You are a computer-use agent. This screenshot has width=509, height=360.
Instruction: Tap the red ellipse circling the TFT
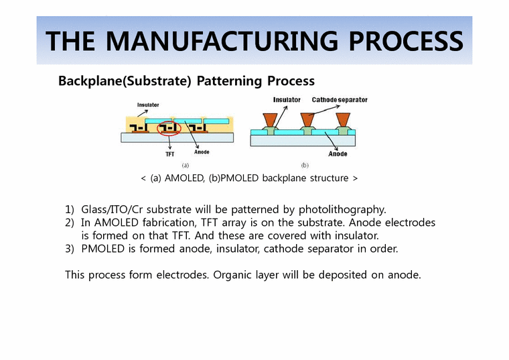(x=170, y=127)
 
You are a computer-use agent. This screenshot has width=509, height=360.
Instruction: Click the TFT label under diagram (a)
(x=171, y=154)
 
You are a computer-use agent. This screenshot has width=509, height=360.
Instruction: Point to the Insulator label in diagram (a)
(x=148, y=105)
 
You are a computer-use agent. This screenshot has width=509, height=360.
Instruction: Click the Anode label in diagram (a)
(x=202, y=152)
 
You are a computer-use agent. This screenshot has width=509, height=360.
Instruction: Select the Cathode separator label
(x=340, y=100)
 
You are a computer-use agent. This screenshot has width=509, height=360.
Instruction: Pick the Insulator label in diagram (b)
(x=287, y=100)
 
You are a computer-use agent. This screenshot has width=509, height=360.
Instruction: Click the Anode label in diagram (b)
(x=338, y=154)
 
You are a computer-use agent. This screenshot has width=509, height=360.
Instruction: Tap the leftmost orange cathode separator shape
(x=269, y=120)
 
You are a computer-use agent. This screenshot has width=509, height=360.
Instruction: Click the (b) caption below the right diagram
(x=304, y=165)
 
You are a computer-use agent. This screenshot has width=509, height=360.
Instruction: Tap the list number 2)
(x=70, y=223)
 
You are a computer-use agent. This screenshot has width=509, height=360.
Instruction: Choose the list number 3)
(x=70, y=249)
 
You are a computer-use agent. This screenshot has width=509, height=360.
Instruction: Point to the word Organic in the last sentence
(x=234, y=274)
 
